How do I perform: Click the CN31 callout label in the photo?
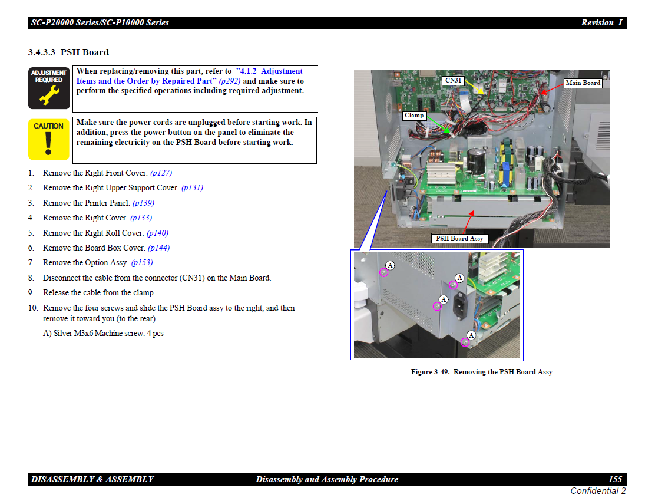[x=453, y=80]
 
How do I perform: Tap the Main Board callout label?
[x=583, y=83]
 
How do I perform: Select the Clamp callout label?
[x=414, y=116]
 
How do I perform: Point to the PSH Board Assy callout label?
[x=459, y=238]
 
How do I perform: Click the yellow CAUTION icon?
[x=48, y=139]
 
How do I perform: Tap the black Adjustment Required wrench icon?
[x=49, y=88]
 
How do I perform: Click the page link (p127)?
[x=161, y=173]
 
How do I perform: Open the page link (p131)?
[x=192, y=187]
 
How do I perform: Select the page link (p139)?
[x=143, y=203]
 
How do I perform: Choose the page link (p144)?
[x=158, y=248]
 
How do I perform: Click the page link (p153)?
[x=142, y=262]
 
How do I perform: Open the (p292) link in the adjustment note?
[x=230, y=81]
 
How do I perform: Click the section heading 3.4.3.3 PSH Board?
[x=68, y=52]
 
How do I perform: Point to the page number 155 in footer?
[x=616, y=479]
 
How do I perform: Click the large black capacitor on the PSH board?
[x=476, y=161]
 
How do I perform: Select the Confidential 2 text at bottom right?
[x=598, y=491]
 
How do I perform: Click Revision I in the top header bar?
[x=601, y=22]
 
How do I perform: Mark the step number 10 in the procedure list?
[x=32, y=308]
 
